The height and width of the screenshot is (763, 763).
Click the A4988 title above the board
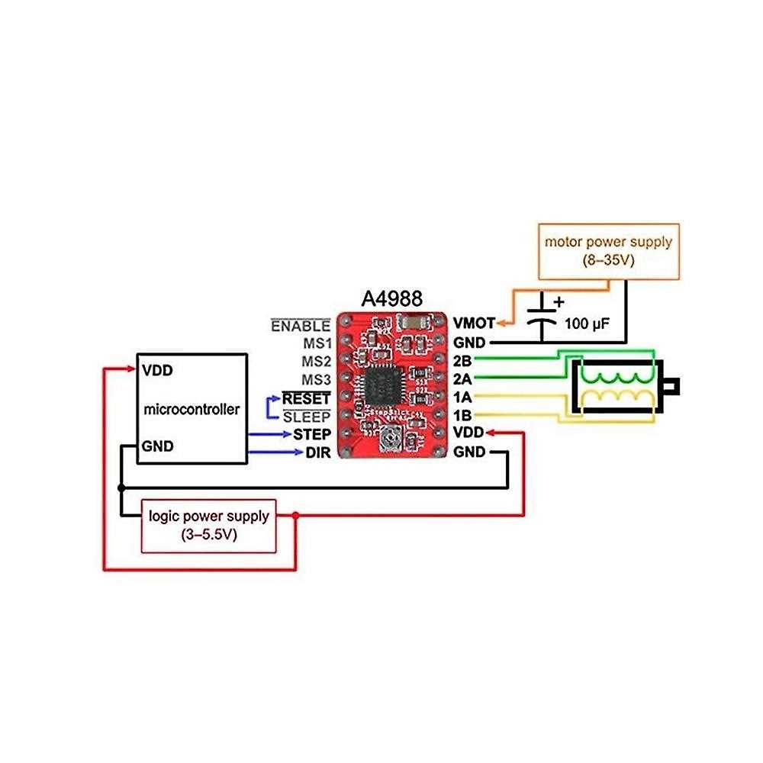pos(390,297)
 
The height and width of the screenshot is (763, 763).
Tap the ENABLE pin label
pos(301,326)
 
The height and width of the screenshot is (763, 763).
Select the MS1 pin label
pos(316,343)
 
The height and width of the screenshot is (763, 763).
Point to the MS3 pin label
pos(316,379)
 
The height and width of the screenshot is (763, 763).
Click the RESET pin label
pos(307,398)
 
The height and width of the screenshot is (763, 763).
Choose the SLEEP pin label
pos(307,417)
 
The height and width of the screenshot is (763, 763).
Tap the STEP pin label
pos(311,434)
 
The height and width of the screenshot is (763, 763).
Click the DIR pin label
pos(318,452)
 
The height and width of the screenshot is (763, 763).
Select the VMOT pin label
pos(474,323)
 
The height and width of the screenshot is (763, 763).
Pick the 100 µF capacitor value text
pos(587,323)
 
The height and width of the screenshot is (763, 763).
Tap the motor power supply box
pos(607,250)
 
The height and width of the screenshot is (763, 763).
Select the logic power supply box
pos(208,525)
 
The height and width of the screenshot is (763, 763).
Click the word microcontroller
pos(192,409)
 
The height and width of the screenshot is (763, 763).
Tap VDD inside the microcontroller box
pos(158,371)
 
